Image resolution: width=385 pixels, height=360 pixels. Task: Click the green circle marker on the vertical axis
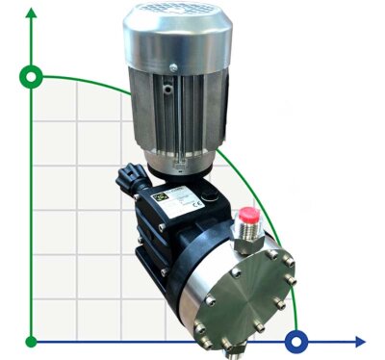pyautogui.click(x=33, y=76)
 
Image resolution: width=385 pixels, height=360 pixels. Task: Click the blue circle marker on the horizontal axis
pyautogui.click(x=298, y=340)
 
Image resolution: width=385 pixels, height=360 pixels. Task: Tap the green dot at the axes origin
pyautogui.click(x=33, y=340)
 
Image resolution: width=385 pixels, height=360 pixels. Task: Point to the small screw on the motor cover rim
pyautogui.click(x=171, y=66)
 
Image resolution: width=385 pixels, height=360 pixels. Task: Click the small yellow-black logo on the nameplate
pyautogui.click(x=164, y=193)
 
